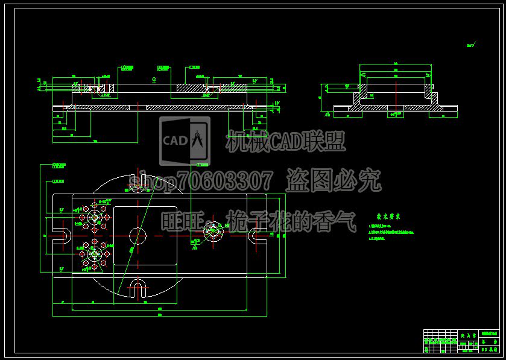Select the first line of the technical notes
(380, 225)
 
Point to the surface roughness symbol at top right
(470, 45)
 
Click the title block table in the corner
(461, 341)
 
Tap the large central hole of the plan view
(138, 235)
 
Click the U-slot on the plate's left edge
(62, 235)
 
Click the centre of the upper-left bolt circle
(95, 216)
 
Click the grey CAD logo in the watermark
(185, 141)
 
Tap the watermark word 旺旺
(179, 221)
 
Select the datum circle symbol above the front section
(154, 79)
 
